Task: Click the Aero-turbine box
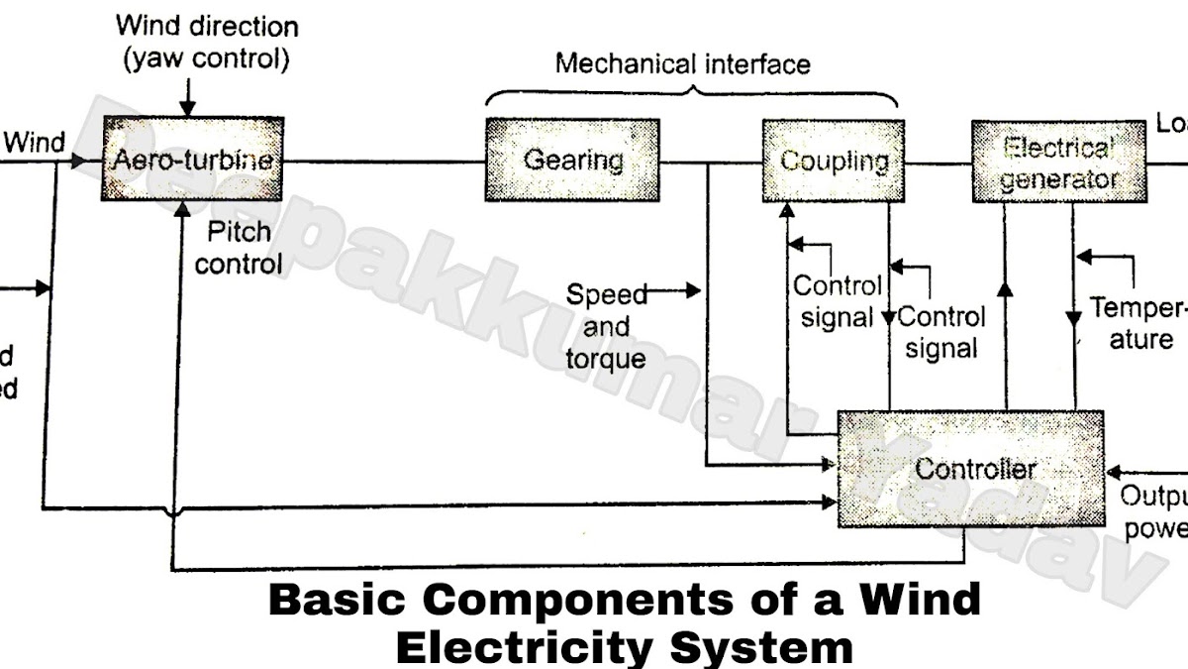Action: pos(192,161)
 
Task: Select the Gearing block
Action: pos(572,160)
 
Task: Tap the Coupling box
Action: pos(834,161)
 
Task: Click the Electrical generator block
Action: pos(1057,163)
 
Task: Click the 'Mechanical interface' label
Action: pos(682,64)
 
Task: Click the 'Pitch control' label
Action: pos(239,248)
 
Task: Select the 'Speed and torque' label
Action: pos(605,326)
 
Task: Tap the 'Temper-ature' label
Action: pos(1138,323)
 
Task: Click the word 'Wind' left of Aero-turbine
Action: pos(35,143)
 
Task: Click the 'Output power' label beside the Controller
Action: pos(1153,511)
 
